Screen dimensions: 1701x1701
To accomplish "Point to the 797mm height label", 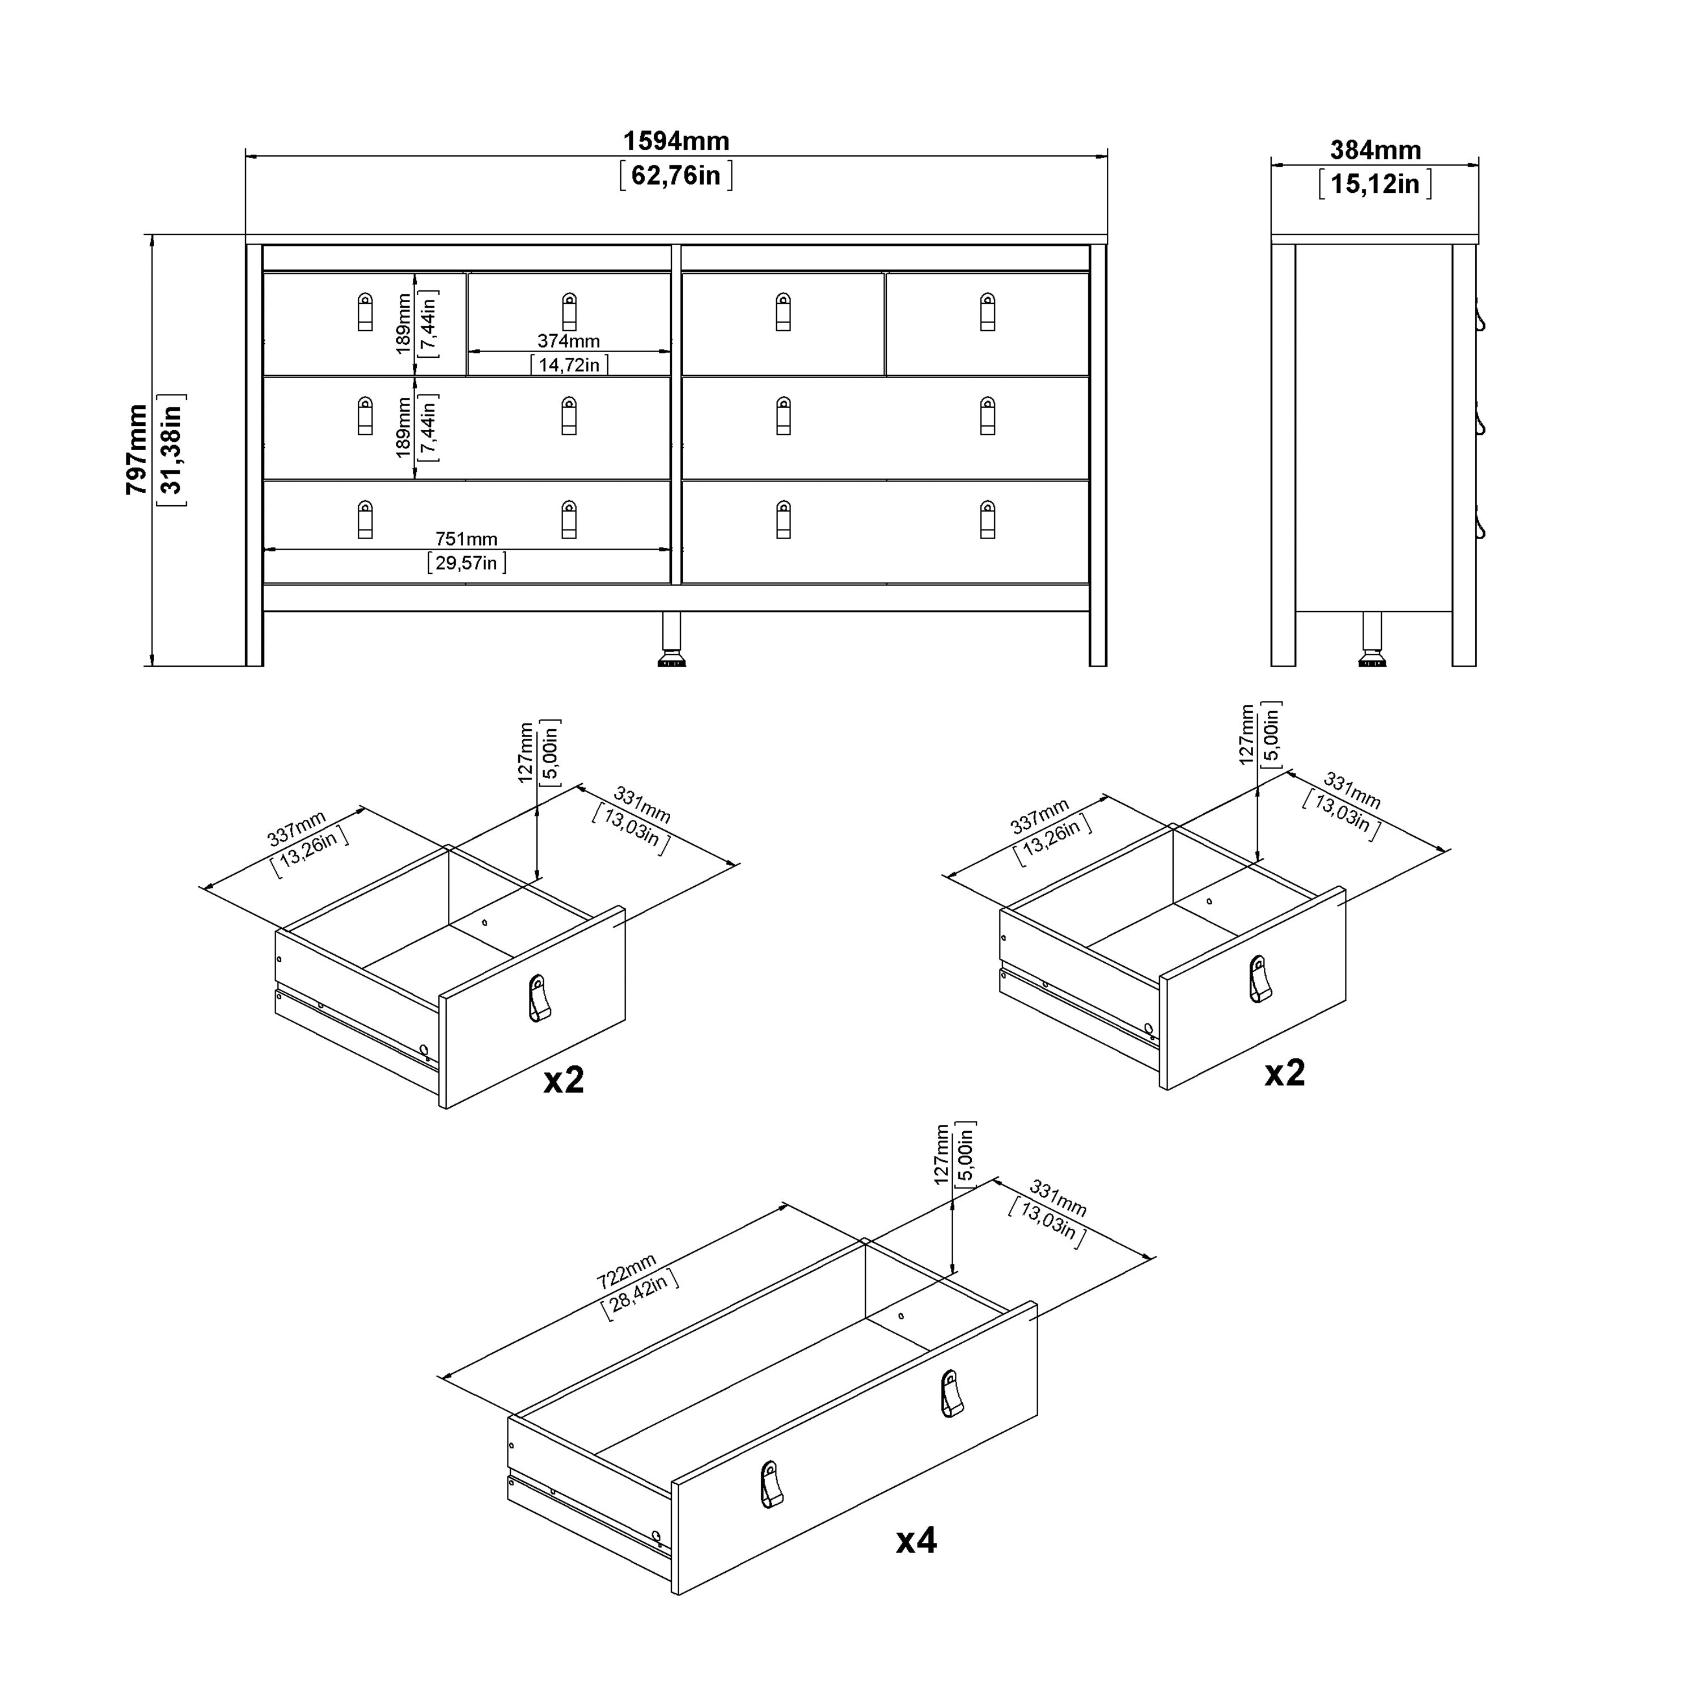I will point(137,449).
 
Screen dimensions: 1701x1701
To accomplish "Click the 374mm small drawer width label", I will point(569,341).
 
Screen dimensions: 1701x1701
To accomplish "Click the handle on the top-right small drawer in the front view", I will point(987,312).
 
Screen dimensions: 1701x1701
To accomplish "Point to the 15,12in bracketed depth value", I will point(1374,184).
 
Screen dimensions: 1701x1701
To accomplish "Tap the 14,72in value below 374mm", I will point(569,365).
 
